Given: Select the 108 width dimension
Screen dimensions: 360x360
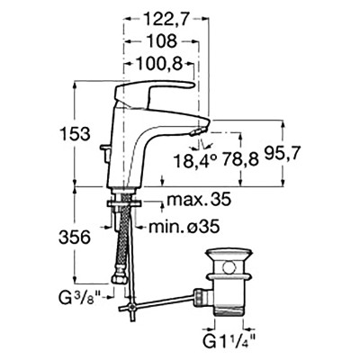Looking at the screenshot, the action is [162, 41].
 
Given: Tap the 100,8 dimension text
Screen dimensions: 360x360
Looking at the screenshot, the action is [159, 64].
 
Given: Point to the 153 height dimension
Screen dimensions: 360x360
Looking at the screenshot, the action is [76, 134].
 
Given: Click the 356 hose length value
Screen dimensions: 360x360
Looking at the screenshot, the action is [75, 238].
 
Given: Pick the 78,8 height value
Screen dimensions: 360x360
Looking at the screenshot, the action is [240, 160].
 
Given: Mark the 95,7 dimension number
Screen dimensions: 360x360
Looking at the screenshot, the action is [283, 154].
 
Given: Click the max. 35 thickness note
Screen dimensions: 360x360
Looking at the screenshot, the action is [199, 199].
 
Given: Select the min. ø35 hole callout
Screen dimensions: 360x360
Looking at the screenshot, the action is [184, 227].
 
